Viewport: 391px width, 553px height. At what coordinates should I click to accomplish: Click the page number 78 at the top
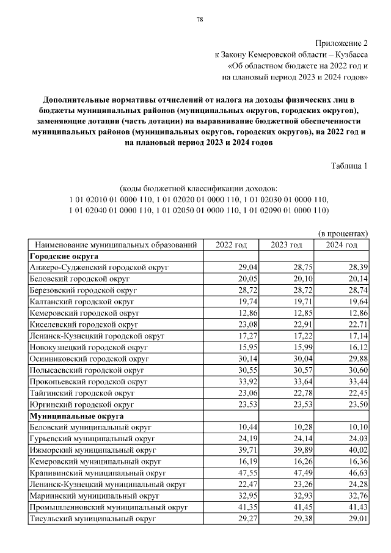coord(199,20)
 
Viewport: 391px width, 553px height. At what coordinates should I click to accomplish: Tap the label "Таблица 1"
coord(349,166)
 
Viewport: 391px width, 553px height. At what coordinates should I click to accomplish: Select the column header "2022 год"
coord(232,245)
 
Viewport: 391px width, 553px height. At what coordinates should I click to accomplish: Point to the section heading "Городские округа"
coord(64,257)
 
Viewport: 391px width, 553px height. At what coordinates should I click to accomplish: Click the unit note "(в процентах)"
coord(343,233)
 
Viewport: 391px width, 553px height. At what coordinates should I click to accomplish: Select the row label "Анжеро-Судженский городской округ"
coord(98,268)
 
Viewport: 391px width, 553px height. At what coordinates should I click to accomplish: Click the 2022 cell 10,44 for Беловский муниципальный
coord(248,428)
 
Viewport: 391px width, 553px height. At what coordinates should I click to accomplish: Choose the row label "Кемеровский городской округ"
coord(85,313)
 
